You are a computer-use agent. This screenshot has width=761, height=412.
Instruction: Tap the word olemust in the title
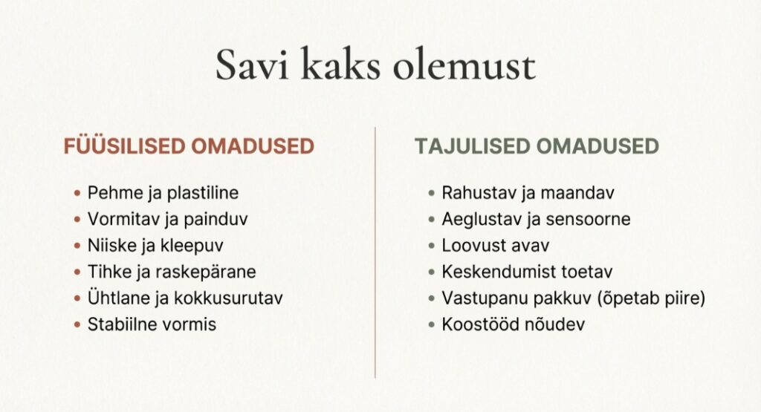point(464,64)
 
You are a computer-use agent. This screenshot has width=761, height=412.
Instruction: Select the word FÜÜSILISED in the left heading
point(125,146)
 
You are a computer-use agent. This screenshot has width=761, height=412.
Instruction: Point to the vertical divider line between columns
point(375,252)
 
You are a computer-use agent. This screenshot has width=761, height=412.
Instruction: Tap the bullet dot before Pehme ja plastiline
point(77,194)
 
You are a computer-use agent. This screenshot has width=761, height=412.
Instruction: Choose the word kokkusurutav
point(228,298)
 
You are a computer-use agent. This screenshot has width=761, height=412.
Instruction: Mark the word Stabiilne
point(116,324)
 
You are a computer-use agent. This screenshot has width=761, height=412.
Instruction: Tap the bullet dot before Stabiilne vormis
point(77,324)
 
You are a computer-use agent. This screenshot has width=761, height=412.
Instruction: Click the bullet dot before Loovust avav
point(432,246)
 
